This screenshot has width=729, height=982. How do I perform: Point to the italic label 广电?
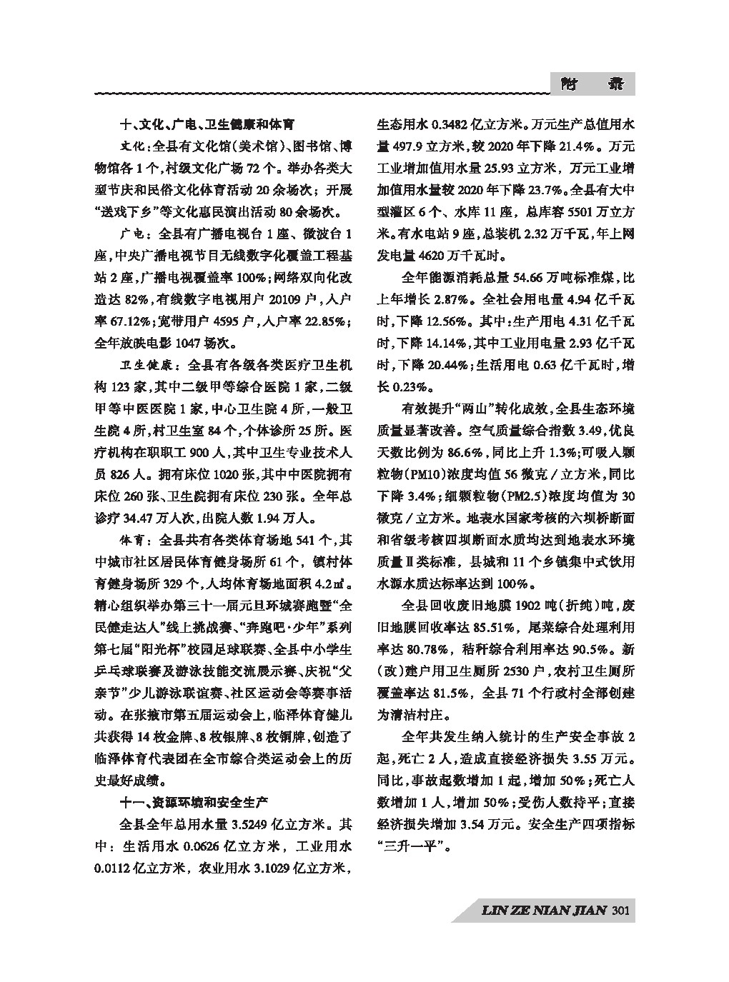pos(132,234)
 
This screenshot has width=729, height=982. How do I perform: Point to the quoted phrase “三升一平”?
pos(411,847)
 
